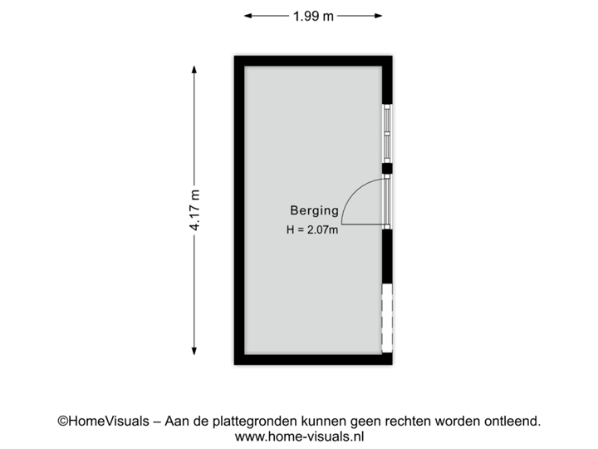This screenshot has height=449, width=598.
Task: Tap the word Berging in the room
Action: [314, 211]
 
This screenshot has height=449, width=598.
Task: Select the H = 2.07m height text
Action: [312, 229]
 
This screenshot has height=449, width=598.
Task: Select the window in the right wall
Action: [387, 132]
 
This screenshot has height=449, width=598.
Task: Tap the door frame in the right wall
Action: [388, 200]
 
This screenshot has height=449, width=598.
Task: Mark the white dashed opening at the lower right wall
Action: [387, 318]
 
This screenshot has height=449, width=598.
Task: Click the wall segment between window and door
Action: [388, 169]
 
